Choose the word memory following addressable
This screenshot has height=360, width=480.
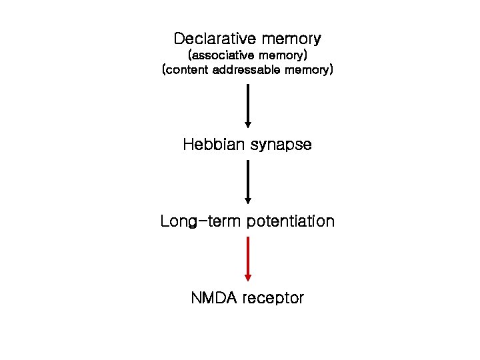[x=307, y=69]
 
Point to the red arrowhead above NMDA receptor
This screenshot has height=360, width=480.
[x=248, y=277]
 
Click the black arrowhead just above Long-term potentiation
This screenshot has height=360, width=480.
[x=248, y=199]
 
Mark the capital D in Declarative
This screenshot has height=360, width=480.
[x=178, y=38]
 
